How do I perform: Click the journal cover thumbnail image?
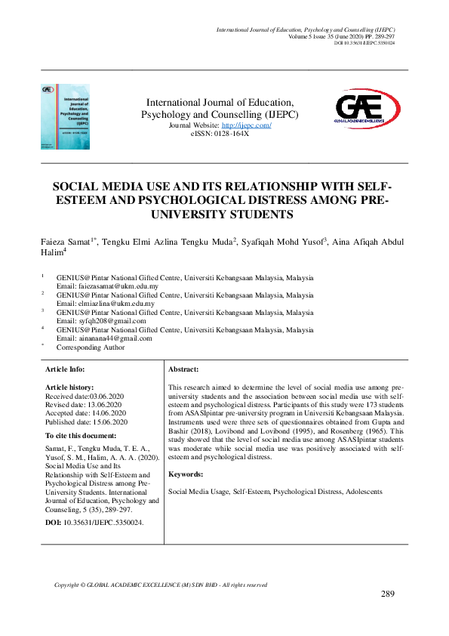coord(65,116)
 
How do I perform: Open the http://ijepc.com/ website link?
coord(246,125)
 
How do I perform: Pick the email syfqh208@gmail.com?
coord(100,321)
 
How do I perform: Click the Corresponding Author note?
coord(91,347)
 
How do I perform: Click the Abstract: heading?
coord(183,369)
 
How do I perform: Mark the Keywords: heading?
coord(186,474)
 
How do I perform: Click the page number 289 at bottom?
coord(388,594)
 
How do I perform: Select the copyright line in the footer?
coord(161,585)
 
